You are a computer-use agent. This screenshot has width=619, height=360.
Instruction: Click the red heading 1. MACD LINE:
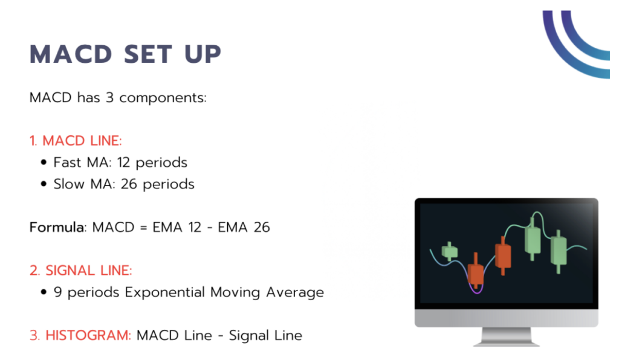click(x=76, y=141)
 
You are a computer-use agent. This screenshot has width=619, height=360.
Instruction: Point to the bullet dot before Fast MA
click(x=44, y=163)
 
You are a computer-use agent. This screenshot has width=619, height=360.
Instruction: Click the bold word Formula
click(x=56, y=228)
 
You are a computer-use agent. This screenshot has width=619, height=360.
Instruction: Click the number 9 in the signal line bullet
click(x=58, y=292)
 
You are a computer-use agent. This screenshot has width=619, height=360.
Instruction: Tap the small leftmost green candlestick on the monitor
click(x=449, y=251)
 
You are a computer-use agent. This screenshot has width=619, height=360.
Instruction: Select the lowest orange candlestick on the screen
click(x=476, y=275)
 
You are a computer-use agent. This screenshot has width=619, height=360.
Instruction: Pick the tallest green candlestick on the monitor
click(x=532, y=239)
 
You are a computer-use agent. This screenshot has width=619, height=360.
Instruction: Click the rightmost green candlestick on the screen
click(x=559, y=249)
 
